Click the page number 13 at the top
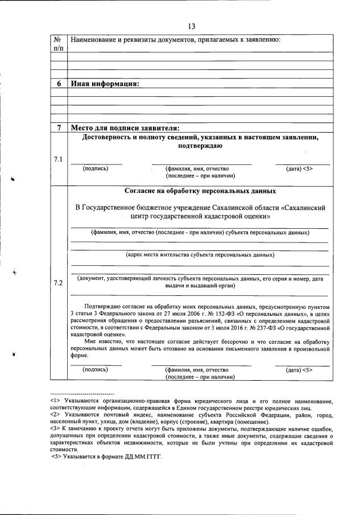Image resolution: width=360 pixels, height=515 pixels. (191, 26)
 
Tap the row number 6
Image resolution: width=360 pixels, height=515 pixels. (58, 84)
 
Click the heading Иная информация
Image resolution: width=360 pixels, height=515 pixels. (105, 84)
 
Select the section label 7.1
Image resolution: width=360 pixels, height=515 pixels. (58, 159)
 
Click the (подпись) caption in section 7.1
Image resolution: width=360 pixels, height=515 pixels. (96, 169)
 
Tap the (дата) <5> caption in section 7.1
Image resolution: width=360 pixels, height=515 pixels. (300, 169)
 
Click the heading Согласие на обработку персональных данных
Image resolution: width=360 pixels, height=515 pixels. (200, 191)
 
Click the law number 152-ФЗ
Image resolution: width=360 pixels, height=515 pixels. (210, 314)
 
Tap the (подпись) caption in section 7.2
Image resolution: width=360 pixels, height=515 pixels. (96, 369)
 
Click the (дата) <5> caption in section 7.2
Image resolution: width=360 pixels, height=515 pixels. (300, 369)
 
